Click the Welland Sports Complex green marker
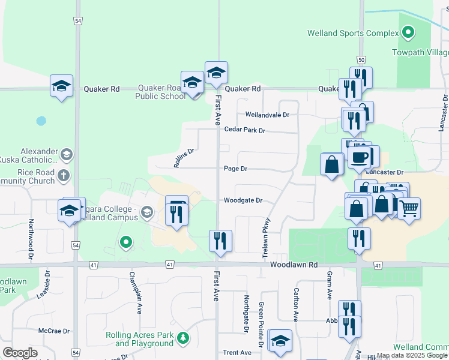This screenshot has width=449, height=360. pos(408,32)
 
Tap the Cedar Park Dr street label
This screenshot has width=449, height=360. pos(244,130)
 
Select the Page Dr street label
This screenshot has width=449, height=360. pos(235,169)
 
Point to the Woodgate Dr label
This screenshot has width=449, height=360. pos(243,200)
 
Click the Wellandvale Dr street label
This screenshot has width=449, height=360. pos(267,115)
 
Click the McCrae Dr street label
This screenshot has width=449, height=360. pos(55,331)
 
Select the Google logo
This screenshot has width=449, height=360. pos(20,353)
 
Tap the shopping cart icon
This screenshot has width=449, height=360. pos(409,208)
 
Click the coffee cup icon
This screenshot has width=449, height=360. pos(360,157)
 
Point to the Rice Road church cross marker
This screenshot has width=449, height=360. pos(65,175)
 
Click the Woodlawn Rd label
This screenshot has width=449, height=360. pos(293,265)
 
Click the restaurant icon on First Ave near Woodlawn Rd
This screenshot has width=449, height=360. pos(220,241)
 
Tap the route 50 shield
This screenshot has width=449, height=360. pos(361,60)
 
